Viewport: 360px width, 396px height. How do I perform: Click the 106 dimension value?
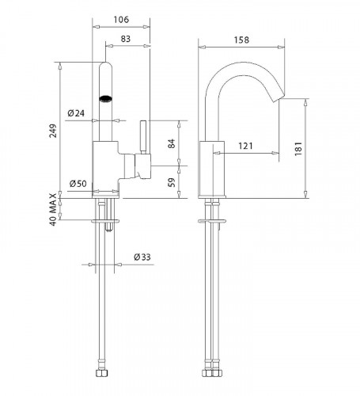click(x=121, y=20)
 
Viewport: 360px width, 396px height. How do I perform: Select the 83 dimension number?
click(x=126, y=39)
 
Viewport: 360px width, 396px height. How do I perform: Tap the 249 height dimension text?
click(x=53, y=131)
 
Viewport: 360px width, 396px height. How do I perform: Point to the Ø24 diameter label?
click(x=76, y=113)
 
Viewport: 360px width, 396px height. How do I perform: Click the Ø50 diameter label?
click(x=78, y=183)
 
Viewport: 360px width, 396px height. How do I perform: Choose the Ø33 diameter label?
click(x=142, y=257)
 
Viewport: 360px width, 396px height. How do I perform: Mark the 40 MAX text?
click(x=53, y=209)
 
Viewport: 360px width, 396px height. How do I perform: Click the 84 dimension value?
click(x=172, y=143)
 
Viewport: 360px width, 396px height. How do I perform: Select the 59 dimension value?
click(x=172, y=182)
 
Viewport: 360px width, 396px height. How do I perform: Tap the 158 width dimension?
click(x=241, y=40)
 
